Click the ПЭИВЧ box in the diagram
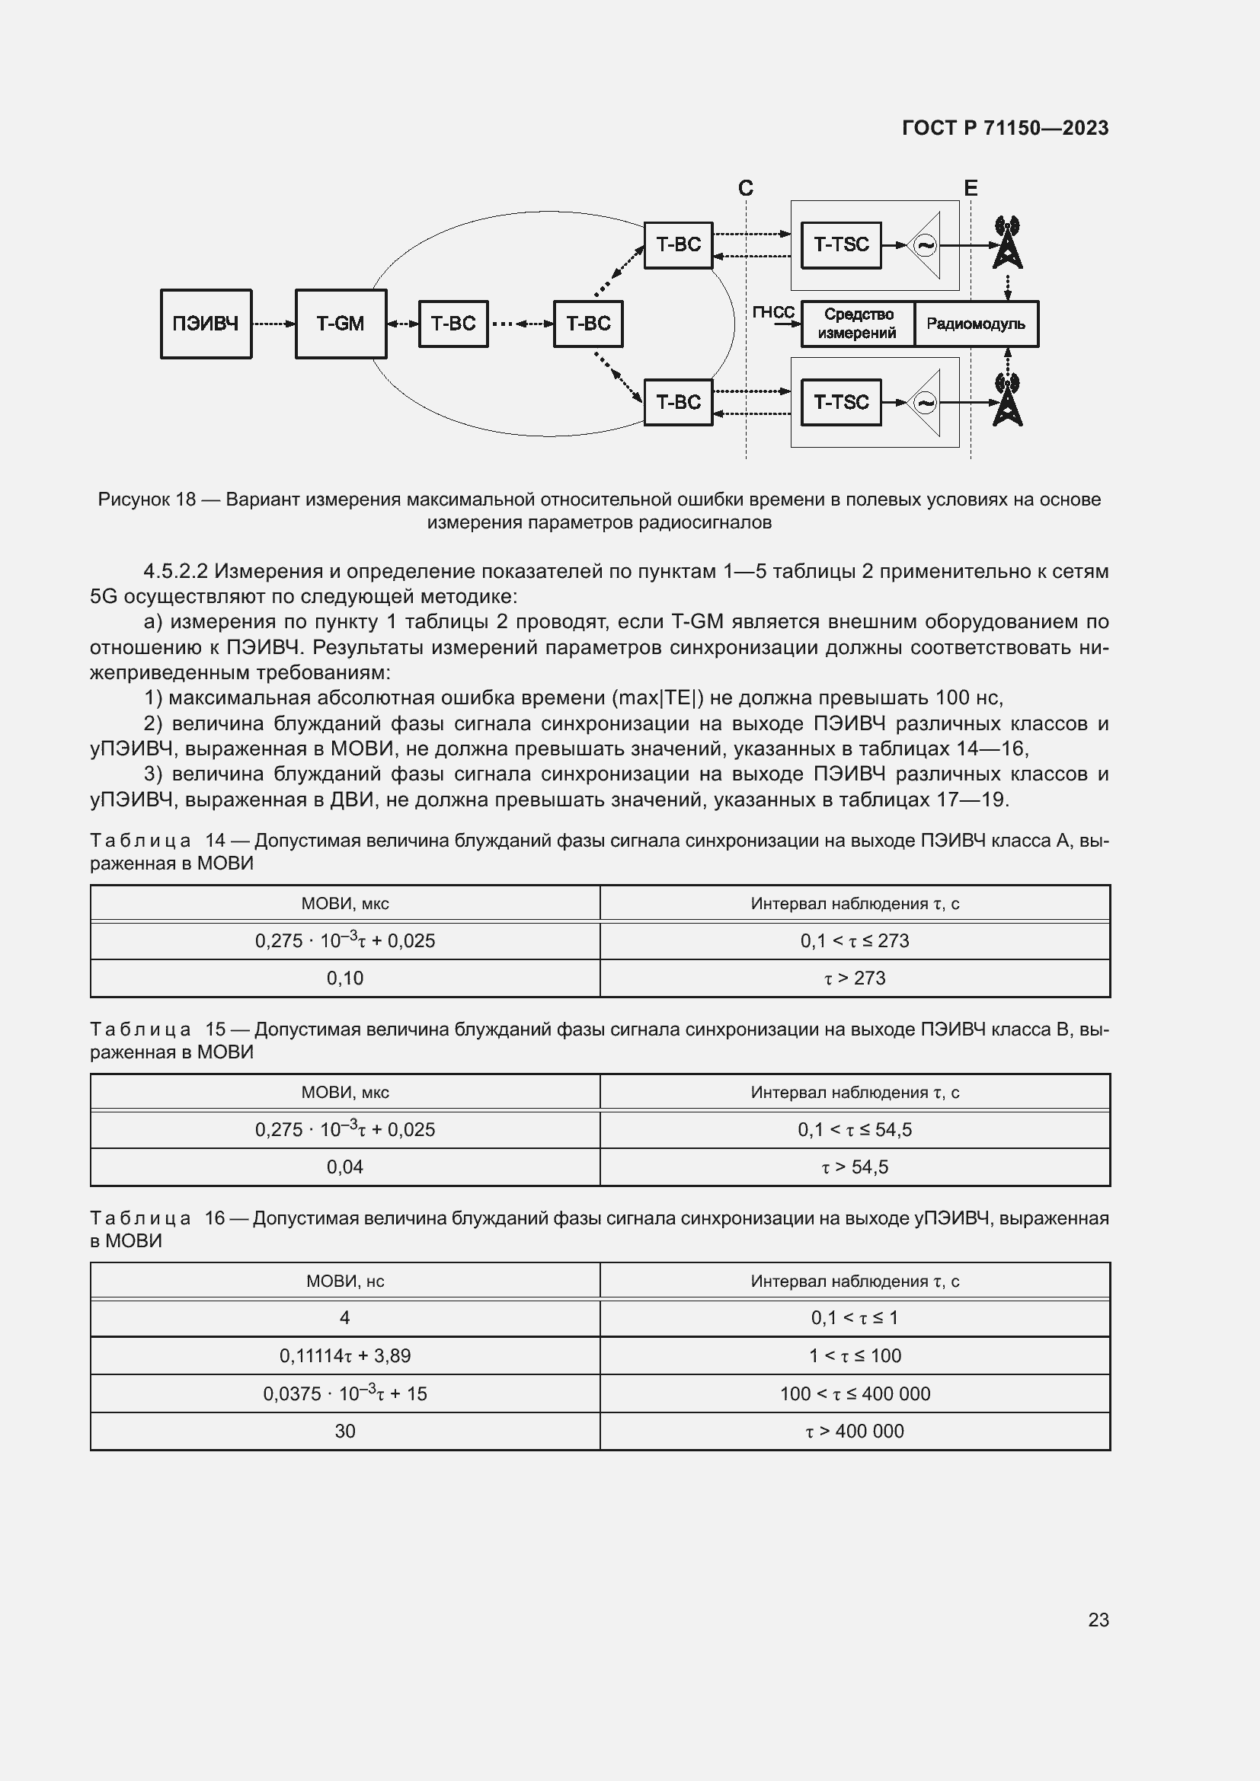click(x=206, y=324)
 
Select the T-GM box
click(x=341, y=324)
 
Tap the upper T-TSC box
click(x=841, y=244)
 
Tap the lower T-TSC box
click(x=841, y=402)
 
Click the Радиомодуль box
click(x=975, y=324)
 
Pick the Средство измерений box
click(x=857, y=324)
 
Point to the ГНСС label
click(x=772, y=312)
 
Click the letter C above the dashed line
click(x=746, y=188)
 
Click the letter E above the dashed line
click(x=970, y=188)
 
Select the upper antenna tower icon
click(x=1007, y=243)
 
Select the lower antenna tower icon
click(x=1007, y=401)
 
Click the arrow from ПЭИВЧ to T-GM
click(x=273, y=324)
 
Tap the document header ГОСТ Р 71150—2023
click(x=1005, y=128)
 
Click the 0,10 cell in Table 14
click(x=344, y=978)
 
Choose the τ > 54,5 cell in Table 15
click(x=854, y=1167)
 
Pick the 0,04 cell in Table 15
click(x=344, y=1167)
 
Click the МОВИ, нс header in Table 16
click(x=344, y=1281)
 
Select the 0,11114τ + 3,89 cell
click(x=344, y=1355)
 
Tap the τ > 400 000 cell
click(x=854, y=1431)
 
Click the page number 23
click(x=1098, y=1620)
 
